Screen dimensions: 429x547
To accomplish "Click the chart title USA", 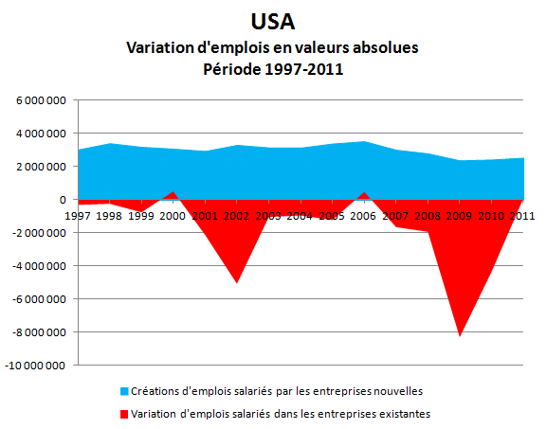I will pos(273,22).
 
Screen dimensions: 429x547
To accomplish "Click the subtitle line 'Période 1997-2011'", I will pos(273,68).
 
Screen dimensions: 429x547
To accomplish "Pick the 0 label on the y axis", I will pos(63,200).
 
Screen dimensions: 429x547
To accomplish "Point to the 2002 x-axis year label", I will pos(236,216).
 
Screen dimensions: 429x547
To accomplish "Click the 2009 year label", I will pos(460,216).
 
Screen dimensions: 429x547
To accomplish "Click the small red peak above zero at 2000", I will pos(173,192).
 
